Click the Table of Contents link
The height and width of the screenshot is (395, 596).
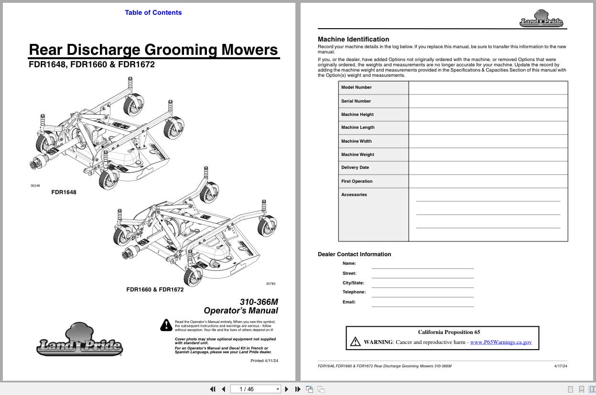pyautogui.click(x=153, y=12)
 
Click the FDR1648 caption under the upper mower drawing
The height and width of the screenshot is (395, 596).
pyautogui.click(x=64, y=192)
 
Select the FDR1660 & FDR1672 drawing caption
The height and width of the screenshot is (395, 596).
pyautogui.click(x=155, y=290)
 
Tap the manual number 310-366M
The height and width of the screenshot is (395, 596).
pyautogui.click(x=259, y=302)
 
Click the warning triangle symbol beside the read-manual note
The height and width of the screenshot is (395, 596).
pyautogui.click(x=166, y=325)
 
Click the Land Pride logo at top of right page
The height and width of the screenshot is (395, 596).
pyautogui.click(x=541, y=20)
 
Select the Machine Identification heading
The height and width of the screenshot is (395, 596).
pyautogui.click(x=353, y=39)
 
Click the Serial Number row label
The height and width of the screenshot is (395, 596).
pyautogui.click(x=356, y=101)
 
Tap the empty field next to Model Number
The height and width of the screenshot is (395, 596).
pyautogui.click(x=488, y=88)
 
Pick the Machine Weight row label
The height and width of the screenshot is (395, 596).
pyautogui.click(x=358, y=155)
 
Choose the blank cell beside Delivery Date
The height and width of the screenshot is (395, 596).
pyautogui.click(x=488, y=168)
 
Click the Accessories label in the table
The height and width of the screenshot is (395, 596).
pyautogui.click(x=354, y=195)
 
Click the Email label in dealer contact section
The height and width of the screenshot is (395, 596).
pyautogui.click(x=349, y=302)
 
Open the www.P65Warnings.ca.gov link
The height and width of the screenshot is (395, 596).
pyautogui.click(x=500, y=342)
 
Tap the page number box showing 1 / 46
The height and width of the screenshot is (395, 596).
pyautogui.click(x=256, y=389)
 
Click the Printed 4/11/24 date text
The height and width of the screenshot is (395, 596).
pyautogui.click(x=264, y=361)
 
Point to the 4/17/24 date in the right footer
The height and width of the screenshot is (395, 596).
pyautogui.click(x=561, y=366)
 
